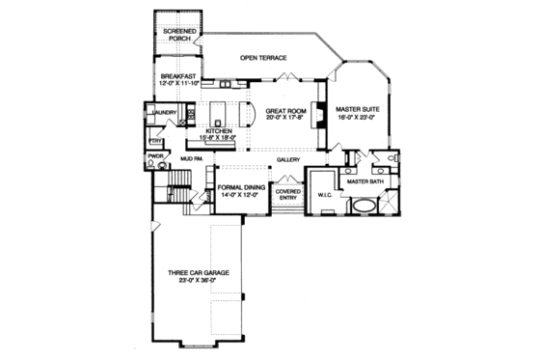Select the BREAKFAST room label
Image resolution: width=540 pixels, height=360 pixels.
coord(178,74)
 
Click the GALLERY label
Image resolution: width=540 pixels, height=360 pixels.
coord(288,160)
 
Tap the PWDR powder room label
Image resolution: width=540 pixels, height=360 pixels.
coord(154,155)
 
